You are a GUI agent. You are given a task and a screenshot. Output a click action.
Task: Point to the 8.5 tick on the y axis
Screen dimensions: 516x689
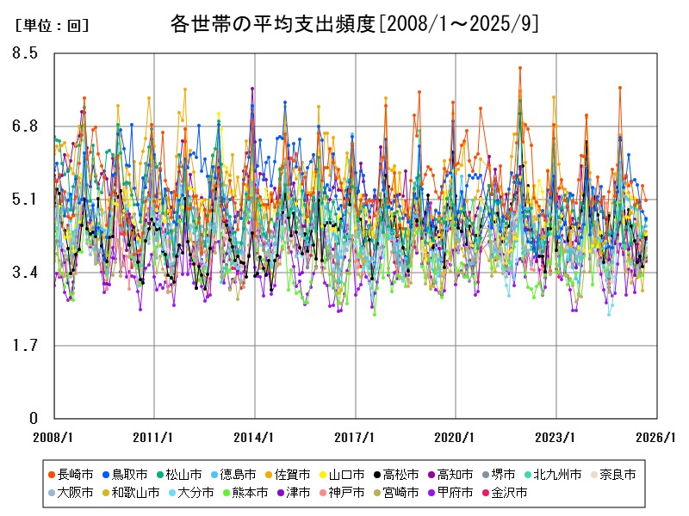click(x=28, y=53)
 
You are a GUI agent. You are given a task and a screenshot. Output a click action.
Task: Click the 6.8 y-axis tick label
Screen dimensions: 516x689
click(x=28, y=126)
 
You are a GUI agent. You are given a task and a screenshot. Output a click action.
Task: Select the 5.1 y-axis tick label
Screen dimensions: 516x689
click(x=28, y=200)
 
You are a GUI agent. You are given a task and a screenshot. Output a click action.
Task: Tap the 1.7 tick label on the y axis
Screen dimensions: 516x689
click(x=28, y=346)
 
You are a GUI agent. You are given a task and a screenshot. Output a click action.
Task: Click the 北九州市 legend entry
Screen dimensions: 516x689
click(x=557, y=475)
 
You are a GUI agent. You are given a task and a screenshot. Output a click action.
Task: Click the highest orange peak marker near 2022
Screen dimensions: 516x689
click(x=519, y=68)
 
